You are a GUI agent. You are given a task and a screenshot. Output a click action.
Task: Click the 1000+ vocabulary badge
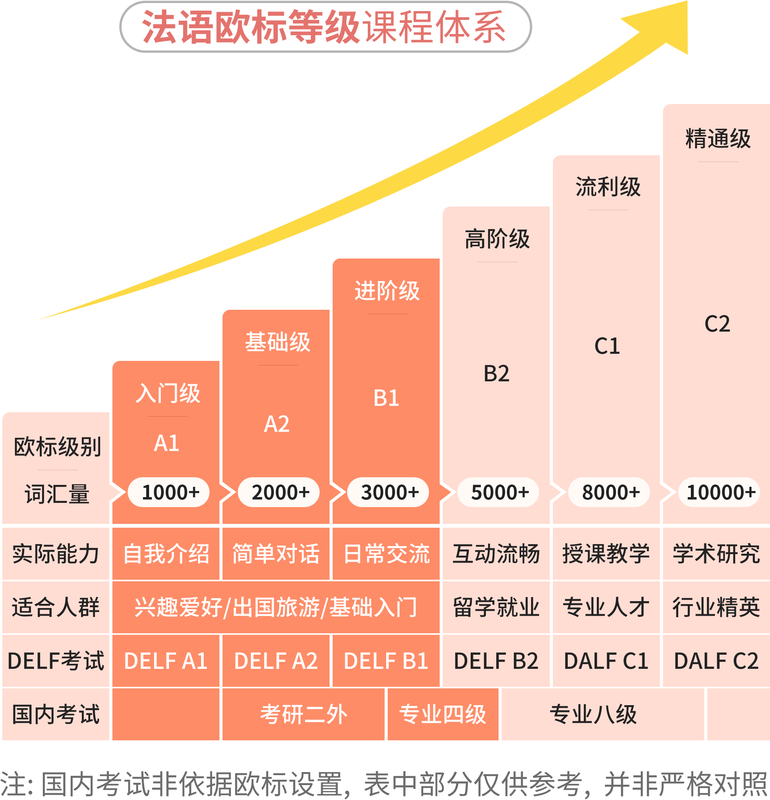[169, 492]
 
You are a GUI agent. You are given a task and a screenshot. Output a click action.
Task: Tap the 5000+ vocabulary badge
[498, 492]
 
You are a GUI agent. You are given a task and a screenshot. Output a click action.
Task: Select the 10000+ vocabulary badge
[719, 492]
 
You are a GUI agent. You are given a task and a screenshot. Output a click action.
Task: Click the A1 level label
[166, 443]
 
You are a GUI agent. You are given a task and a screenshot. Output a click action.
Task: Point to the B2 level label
[496, 374]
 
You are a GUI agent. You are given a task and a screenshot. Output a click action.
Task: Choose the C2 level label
[717, 324]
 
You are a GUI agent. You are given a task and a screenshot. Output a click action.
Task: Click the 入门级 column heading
[168, 393]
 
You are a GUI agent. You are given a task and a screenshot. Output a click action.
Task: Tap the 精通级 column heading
[718, 139]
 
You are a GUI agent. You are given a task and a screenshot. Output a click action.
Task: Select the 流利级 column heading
[608, 187]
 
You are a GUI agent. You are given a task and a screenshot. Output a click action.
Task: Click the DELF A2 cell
[276, 661]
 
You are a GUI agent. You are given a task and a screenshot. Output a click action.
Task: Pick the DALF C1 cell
[606, 661]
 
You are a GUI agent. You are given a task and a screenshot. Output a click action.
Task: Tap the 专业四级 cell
[443, 714]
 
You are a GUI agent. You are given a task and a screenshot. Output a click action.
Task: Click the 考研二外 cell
[304, 714]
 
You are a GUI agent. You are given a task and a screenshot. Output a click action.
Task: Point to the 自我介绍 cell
[166, 554]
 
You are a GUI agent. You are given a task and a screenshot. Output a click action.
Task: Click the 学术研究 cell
[716, 554]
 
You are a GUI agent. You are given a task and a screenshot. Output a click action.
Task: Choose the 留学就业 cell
[496, 607]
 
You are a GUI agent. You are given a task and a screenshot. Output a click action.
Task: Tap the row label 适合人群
[56, 607]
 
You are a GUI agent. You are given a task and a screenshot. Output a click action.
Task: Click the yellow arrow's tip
[687, 1]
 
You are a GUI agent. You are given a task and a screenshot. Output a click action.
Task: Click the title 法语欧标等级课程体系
[325, 27]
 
